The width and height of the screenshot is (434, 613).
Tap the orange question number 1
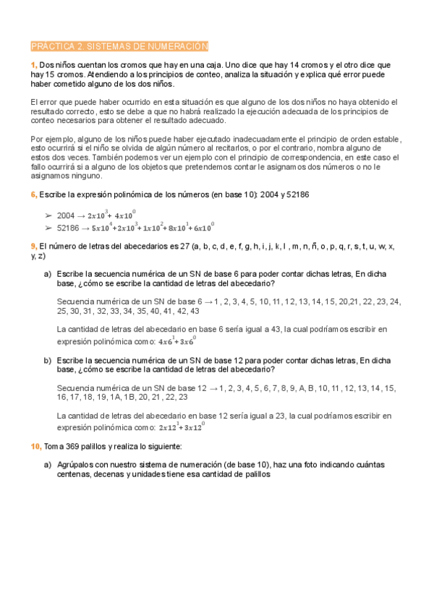[34, 65]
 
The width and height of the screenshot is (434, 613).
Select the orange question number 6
[34, 195]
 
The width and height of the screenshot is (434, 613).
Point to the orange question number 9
[34, 247]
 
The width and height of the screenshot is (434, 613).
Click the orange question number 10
[36, 447]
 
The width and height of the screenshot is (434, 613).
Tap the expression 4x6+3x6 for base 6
[176, 340]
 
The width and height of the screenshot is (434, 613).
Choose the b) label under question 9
[47, 359]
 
